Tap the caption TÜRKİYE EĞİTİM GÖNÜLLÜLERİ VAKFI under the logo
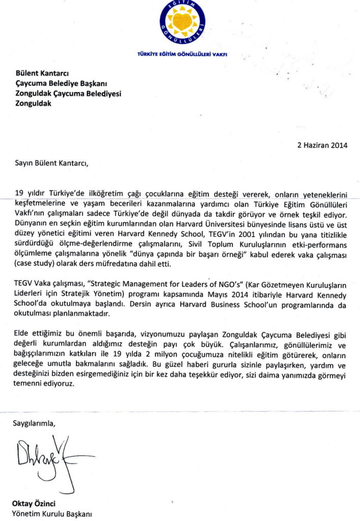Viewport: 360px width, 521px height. (182, 53)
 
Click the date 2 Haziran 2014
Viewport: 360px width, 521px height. (322, 145)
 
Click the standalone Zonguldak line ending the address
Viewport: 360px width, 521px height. (34, 103)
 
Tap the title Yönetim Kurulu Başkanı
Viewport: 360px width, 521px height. (52, 513)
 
